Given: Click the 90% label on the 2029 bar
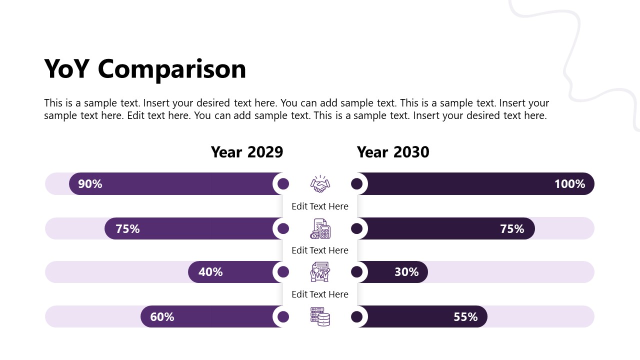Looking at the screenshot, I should click(90, 184).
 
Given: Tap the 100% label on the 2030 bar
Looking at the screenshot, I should click(569, 184).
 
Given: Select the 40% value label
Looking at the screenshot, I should click(210, 272).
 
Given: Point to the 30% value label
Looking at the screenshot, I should click(406, 272).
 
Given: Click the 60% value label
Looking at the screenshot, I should click(162, 317).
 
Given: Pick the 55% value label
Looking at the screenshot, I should click(465, 317).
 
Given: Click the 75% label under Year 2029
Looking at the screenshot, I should click(127, 229).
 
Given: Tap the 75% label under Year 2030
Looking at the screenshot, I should click(512, 229).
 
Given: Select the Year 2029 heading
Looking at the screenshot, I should click(247, 152).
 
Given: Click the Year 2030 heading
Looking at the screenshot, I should click(393, 152).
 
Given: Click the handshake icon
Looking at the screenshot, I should click(320, 184).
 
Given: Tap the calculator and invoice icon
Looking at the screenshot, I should click(320, 228).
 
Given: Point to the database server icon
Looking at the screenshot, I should click(320, 317).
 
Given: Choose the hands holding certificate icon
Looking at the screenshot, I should click(320, 272).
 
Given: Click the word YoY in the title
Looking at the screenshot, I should click(67, 69).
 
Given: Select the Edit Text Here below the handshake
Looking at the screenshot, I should click(320, 206).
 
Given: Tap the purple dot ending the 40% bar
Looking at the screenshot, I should click(283, 272).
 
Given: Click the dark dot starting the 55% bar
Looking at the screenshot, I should click(356, 317).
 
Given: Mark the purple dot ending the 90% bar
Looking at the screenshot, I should click(283, 184).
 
